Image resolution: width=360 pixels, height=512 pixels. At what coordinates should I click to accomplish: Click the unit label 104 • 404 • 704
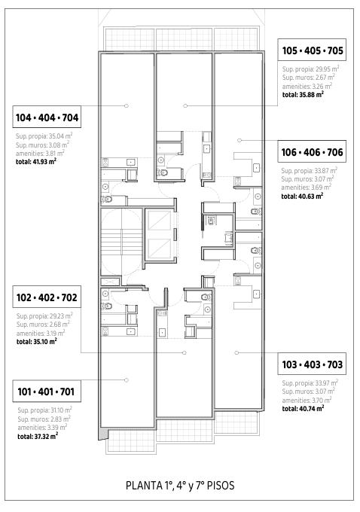pos(47,117)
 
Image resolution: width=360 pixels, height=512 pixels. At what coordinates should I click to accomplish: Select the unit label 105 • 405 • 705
pos(313,50)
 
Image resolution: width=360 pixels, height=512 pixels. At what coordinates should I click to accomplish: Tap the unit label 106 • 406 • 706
pos(313,152)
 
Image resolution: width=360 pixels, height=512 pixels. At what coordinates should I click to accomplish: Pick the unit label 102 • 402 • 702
pos(47,297)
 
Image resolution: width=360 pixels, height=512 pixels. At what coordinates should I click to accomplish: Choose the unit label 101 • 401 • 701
pos(46,392)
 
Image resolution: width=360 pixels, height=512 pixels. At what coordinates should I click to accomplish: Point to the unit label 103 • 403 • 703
pos(313,364)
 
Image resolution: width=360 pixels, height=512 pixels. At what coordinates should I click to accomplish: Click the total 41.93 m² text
pos(36,161)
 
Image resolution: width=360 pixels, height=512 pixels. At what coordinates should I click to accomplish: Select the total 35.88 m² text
pos(303,94)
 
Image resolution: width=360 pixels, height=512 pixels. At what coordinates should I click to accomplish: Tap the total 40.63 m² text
pos(302,196)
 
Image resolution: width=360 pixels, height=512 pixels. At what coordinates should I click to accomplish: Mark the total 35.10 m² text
pos(37,342)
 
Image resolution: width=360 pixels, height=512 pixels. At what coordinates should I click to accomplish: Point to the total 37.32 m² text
pos(38,436)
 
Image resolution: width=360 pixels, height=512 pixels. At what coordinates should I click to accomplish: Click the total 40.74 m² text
pos(304,408)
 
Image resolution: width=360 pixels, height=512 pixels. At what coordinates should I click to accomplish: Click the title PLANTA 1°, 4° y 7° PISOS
pos(180,485)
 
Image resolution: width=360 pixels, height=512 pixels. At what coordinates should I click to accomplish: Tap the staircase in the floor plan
pos(121,242)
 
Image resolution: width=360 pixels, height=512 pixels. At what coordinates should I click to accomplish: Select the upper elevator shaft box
pos(159,221)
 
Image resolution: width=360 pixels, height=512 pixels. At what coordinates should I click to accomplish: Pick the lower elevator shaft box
pos(159,248)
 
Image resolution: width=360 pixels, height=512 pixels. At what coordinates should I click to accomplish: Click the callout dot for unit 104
pos(127,105)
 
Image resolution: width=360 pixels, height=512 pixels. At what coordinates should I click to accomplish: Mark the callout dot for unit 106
pos(239,140)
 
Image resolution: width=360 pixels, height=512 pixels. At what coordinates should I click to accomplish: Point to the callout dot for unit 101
pos(127,379)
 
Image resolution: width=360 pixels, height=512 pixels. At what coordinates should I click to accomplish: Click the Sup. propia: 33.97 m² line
pos(310,382)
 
